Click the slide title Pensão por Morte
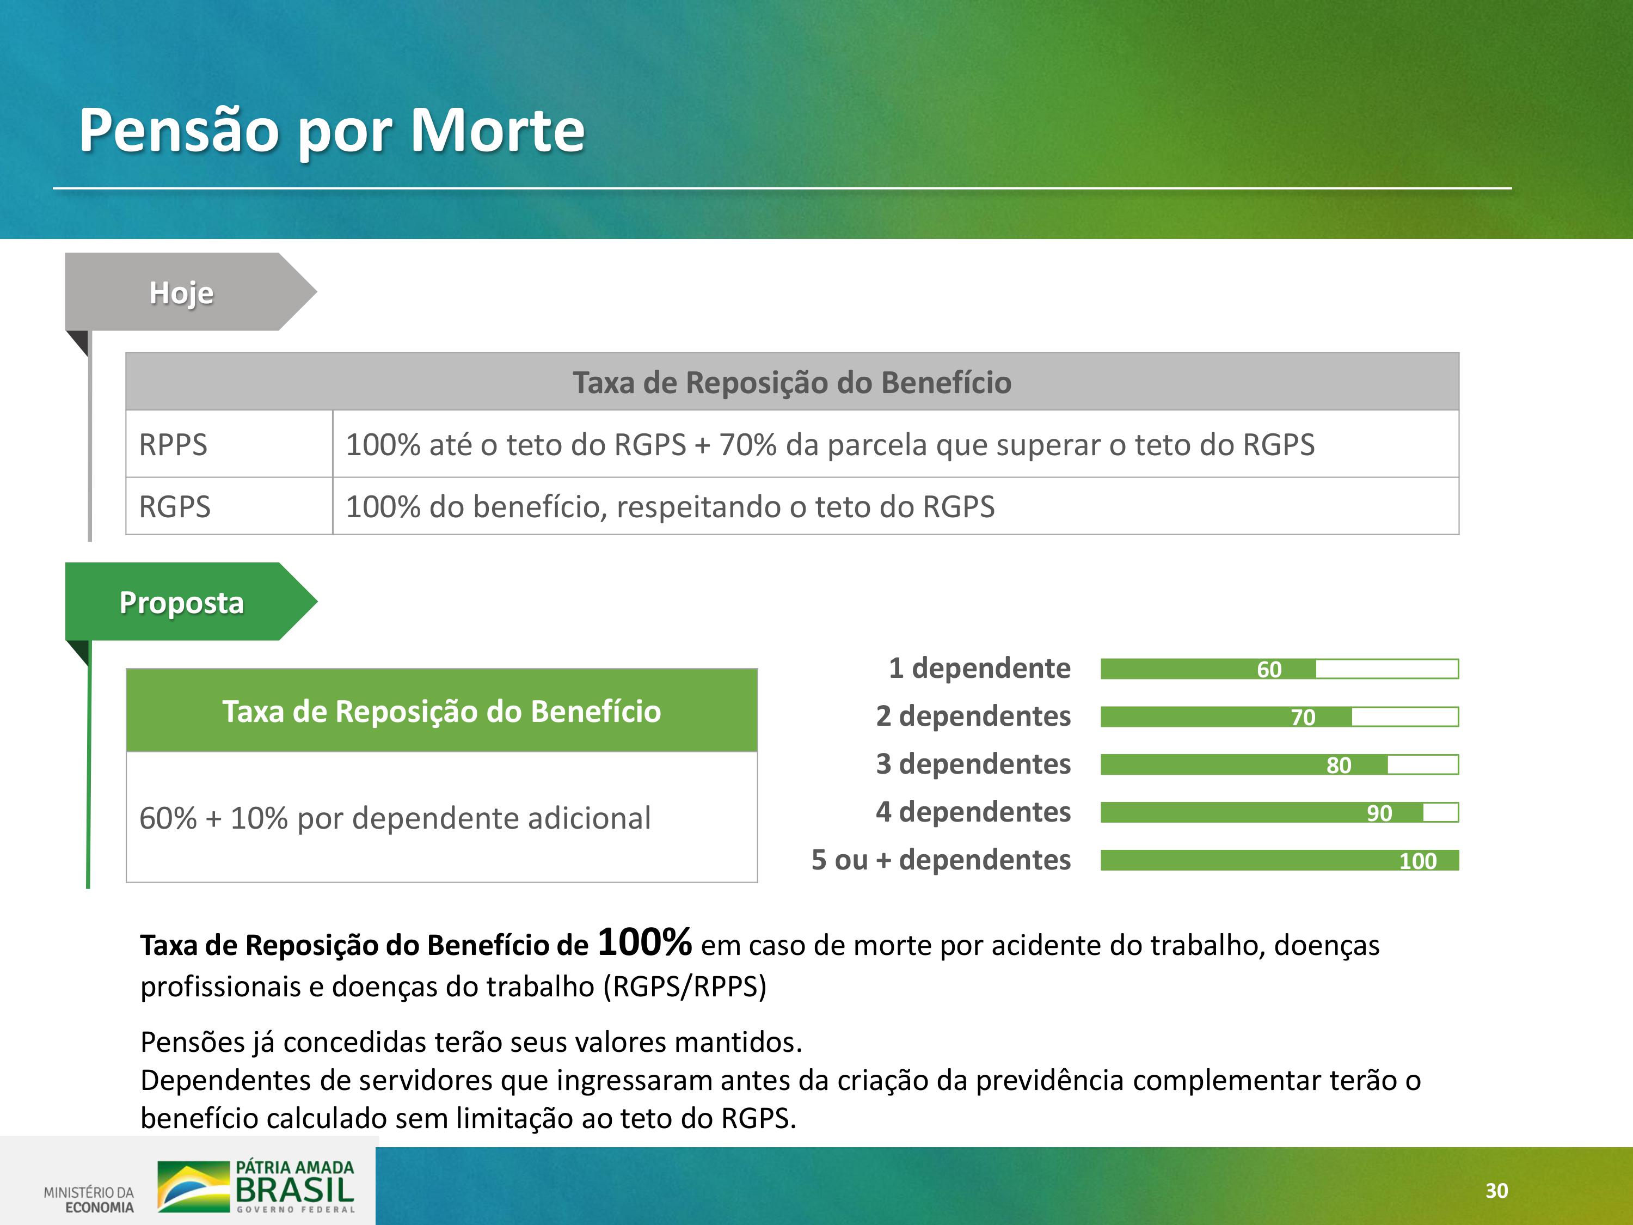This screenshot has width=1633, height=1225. (x=331, y=131)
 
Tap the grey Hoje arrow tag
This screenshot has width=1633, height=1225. (x=191, y=292)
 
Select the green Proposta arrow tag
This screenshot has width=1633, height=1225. (x=191, y=602)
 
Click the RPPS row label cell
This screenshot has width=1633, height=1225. (x=229, y=444)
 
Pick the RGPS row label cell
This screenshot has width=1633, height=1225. (x=229, y=506)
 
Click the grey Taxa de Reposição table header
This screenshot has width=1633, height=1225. (x=792, y=382)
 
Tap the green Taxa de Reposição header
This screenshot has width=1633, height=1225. (x=441, y=710)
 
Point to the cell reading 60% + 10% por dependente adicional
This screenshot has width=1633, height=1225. (x=441, y=817)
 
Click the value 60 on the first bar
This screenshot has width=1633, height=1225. (x=1269, y=669)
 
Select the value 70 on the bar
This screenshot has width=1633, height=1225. (x=1303, y=717)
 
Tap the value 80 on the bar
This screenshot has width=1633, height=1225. (x=1339, y=765)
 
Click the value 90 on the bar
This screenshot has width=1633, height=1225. (x=1379, y=813)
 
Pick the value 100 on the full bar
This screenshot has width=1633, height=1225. (x=1418, y=861)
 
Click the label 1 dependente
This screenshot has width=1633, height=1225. (x=980, y=667)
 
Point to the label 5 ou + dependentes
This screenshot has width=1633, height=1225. (x=941, y=860)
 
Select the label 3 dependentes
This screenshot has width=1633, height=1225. (x=973, y=763)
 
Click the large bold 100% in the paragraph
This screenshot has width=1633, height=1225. (x=644, y=942)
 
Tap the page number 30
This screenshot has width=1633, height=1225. (x=1496, y=1190)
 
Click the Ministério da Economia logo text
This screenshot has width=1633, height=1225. (x=89, y=1199)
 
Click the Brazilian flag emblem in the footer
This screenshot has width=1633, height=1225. (x=193, y=1186)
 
